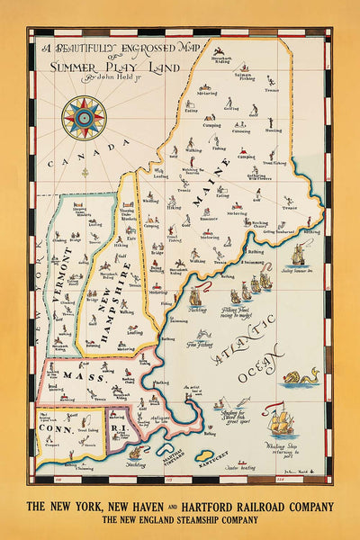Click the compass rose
tap(84, 117)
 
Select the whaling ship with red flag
tap(282, 424)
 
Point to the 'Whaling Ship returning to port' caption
tap(279, 455)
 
